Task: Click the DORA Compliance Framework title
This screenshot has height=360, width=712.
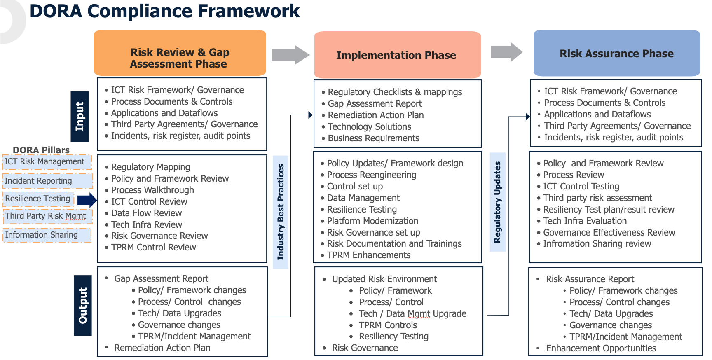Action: coord(165,11)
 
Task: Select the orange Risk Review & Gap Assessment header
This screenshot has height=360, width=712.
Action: coord(180,53)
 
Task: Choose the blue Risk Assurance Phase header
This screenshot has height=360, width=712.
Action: coord(616,53)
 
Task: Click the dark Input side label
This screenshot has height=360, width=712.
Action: coord(80,116)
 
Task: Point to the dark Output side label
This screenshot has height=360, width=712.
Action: coord(83,305)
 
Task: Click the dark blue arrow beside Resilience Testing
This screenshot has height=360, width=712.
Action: coord(87,200)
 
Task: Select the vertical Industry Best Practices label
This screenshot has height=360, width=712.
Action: coord(281,212)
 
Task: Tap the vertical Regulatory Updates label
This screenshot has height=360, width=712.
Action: coord(497,202)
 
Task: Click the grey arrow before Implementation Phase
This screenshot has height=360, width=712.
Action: coord(290,55)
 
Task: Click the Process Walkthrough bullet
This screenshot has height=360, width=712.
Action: coord(152,190)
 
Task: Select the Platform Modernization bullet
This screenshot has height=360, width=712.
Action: coord(372,221)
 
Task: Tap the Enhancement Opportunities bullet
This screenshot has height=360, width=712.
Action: coord(600,348)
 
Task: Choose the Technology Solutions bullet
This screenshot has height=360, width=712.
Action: coord(369,127)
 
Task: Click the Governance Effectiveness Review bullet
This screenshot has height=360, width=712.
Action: coord(609,233)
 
